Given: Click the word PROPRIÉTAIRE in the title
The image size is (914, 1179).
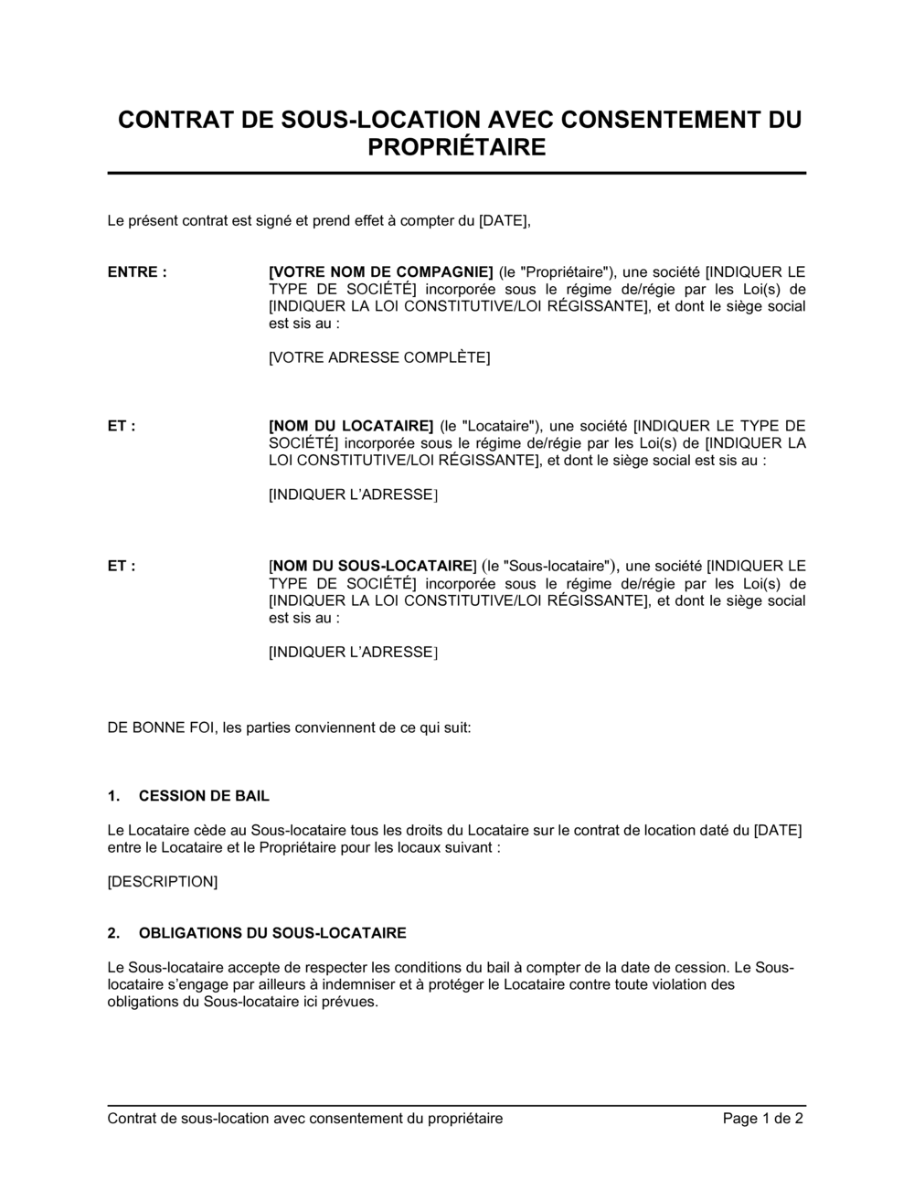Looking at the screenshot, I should click(456, 146).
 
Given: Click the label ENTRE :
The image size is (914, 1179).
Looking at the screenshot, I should click(137, 271).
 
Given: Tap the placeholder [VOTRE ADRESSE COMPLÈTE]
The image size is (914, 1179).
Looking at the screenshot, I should click(379, 357).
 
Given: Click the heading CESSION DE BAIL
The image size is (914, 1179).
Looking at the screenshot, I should click(204, 796).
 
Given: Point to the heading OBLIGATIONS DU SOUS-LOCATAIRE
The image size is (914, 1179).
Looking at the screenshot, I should click(272, 933).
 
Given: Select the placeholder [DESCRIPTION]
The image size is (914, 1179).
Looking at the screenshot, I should click(163, 882).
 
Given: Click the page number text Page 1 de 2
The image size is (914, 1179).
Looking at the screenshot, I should click(763, 1119).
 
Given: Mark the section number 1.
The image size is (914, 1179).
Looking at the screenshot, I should click(113, 796).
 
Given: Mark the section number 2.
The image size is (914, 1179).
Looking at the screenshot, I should click(113, 933).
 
